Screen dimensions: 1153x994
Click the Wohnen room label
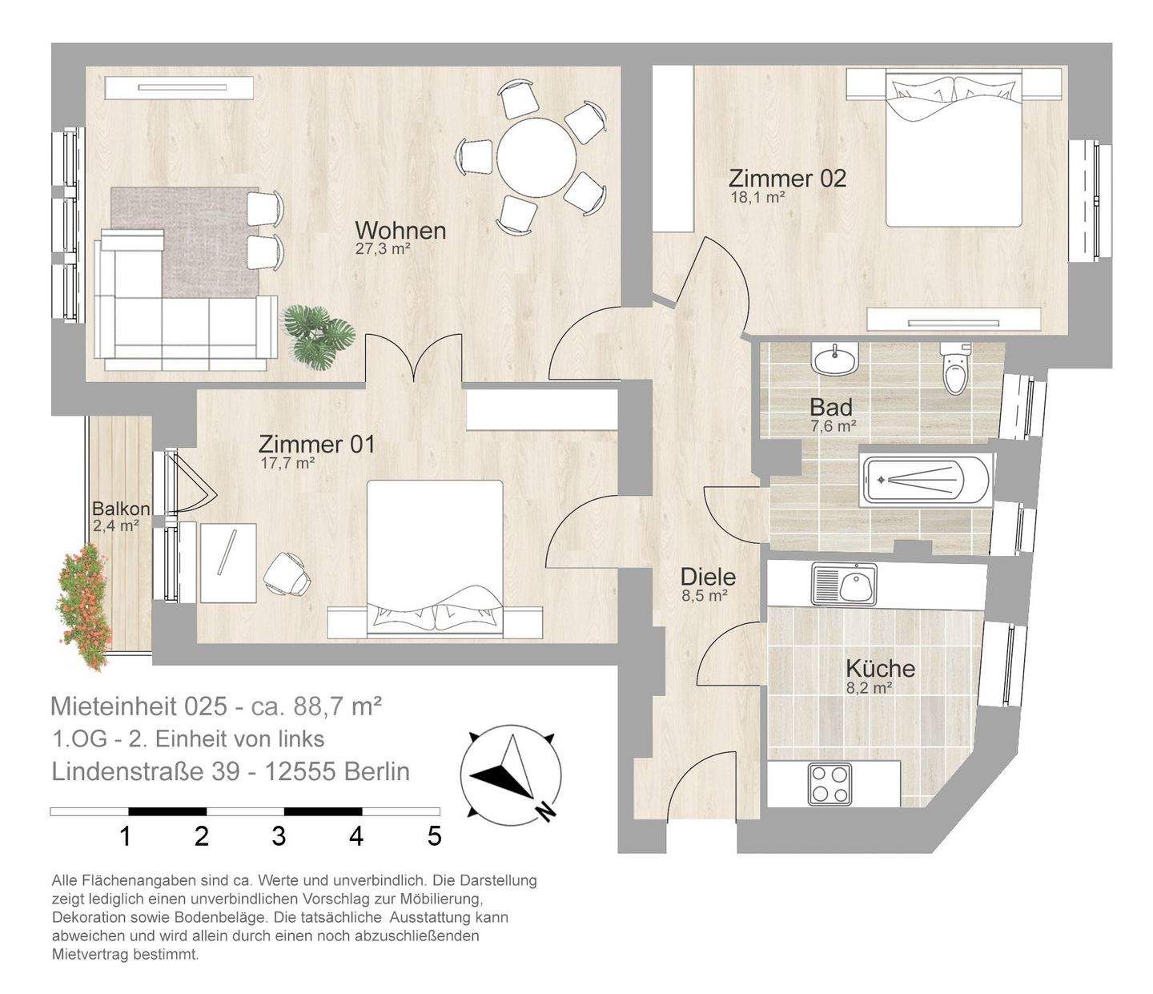point(400,231)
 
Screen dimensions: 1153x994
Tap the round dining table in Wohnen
point(536,157)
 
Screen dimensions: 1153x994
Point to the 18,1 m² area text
point(758,197)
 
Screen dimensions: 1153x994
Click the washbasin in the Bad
point(834,360)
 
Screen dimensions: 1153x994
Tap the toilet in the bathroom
point(955,368)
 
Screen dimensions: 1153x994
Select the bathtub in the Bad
point(926,480)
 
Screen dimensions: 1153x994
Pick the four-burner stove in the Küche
point(830,784)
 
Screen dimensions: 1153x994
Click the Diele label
point(709,577)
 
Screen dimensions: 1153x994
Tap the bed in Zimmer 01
point(436,558)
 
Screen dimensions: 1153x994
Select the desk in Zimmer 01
point(228,562)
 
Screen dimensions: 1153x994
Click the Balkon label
point(121,509)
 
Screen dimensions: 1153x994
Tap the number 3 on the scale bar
point(279,836)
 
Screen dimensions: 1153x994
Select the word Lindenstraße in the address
point(146,772)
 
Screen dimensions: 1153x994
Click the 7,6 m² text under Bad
point(834,426)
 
